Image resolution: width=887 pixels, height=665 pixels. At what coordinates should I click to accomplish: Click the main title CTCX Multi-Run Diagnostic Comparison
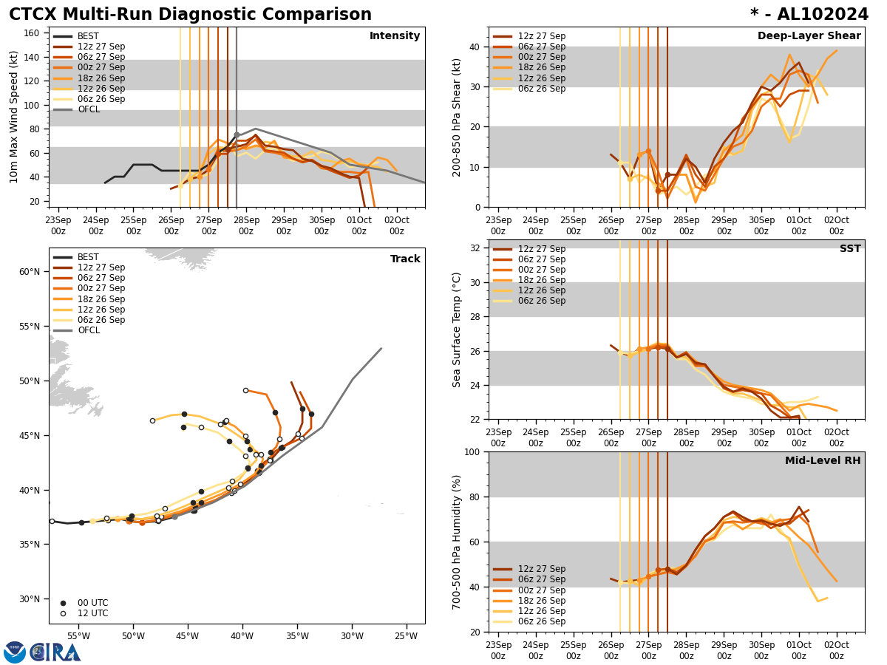click(190, 15)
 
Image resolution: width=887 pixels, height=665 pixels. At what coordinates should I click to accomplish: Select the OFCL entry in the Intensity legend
click(88, 109)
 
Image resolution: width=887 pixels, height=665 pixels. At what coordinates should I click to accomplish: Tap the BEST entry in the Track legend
click(88, 257)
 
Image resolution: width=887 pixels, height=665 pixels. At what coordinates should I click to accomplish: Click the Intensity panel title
click(395, 36)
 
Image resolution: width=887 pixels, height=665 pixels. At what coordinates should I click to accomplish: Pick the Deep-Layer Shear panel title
click(809, 36)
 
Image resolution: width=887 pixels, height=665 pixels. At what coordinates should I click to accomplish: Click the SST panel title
click(850, 249)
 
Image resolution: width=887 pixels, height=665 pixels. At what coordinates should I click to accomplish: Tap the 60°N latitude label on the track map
click(30, 272)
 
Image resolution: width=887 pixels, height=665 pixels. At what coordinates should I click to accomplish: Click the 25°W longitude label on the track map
click(406, 635)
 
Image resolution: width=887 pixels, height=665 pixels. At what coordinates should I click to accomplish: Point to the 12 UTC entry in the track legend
click(93, 613)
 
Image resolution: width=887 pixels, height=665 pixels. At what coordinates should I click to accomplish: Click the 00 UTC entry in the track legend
click(93, 603)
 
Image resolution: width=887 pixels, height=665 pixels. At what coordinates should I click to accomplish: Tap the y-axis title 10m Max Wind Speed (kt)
click(15, 117)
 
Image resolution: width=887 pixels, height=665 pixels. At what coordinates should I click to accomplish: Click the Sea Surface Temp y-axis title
click(458, 330)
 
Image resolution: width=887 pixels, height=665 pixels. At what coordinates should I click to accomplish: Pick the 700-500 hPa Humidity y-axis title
click(458, 542)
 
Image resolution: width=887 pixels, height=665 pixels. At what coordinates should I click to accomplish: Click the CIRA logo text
click(55, 652)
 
